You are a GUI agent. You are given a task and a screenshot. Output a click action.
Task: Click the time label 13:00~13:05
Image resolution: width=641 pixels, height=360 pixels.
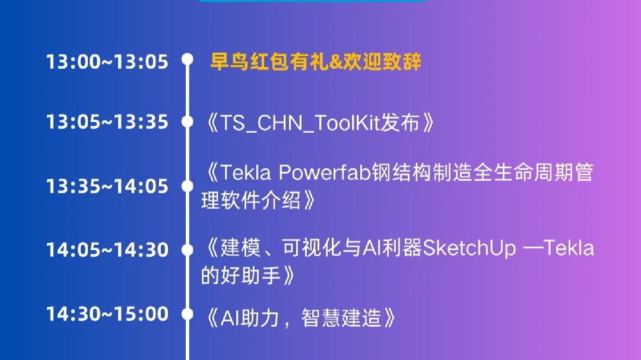tap(107, 62)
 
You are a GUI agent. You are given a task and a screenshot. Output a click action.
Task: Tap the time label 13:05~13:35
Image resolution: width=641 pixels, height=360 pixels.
tap(107, 122)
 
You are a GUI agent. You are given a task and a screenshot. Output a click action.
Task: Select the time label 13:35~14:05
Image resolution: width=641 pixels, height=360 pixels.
tap(107, 186)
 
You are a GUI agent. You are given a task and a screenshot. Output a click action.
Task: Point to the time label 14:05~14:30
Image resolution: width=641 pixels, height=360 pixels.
tap(107, 250)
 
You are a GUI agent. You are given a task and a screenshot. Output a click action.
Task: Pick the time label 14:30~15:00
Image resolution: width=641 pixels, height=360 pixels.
tap(107, 314)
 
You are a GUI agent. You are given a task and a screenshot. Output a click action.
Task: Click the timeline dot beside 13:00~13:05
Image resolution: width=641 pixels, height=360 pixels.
tap(188, 59)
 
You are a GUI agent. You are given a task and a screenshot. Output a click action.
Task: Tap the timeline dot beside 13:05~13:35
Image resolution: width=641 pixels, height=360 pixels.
tap(188, 122)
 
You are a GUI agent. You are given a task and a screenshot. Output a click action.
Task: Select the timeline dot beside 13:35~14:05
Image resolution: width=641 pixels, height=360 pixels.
tap(188, 186)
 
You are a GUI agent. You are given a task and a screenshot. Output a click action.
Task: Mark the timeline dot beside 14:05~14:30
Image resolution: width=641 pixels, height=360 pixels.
tap(188, 250)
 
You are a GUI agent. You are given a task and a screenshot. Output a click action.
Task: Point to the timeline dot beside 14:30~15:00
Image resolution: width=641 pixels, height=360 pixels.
tap(188, 314)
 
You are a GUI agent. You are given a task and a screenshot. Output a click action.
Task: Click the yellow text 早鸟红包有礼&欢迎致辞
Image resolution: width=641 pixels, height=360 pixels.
tap(316, 62)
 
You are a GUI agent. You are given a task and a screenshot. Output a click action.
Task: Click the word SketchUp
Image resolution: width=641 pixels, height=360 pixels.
tap(469, 248)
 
